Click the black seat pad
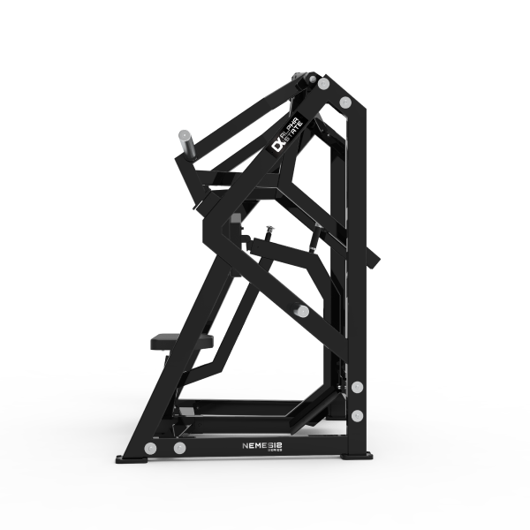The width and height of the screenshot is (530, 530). click(x=184, y=339)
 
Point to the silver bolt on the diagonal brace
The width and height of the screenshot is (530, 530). click(x=302, y=311)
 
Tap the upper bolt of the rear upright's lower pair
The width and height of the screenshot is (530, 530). click(x=357, y=387)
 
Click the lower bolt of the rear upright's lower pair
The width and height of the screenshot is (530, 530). click(x=357, y=412)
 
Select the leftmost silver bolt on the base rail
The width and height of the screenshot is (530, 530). click(x=151, y=448)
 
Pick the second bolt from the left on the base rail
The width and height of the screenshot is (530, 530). click(x=180, y=448)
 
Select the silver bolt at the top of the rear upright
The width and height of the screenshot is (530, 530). click(x=344, y=104)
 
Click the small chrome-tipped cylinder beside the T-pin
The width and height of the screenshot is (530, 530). click(x=315, y=234)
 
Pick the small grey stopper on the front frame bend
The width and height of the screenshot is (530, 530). click(x=236, y=215)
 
